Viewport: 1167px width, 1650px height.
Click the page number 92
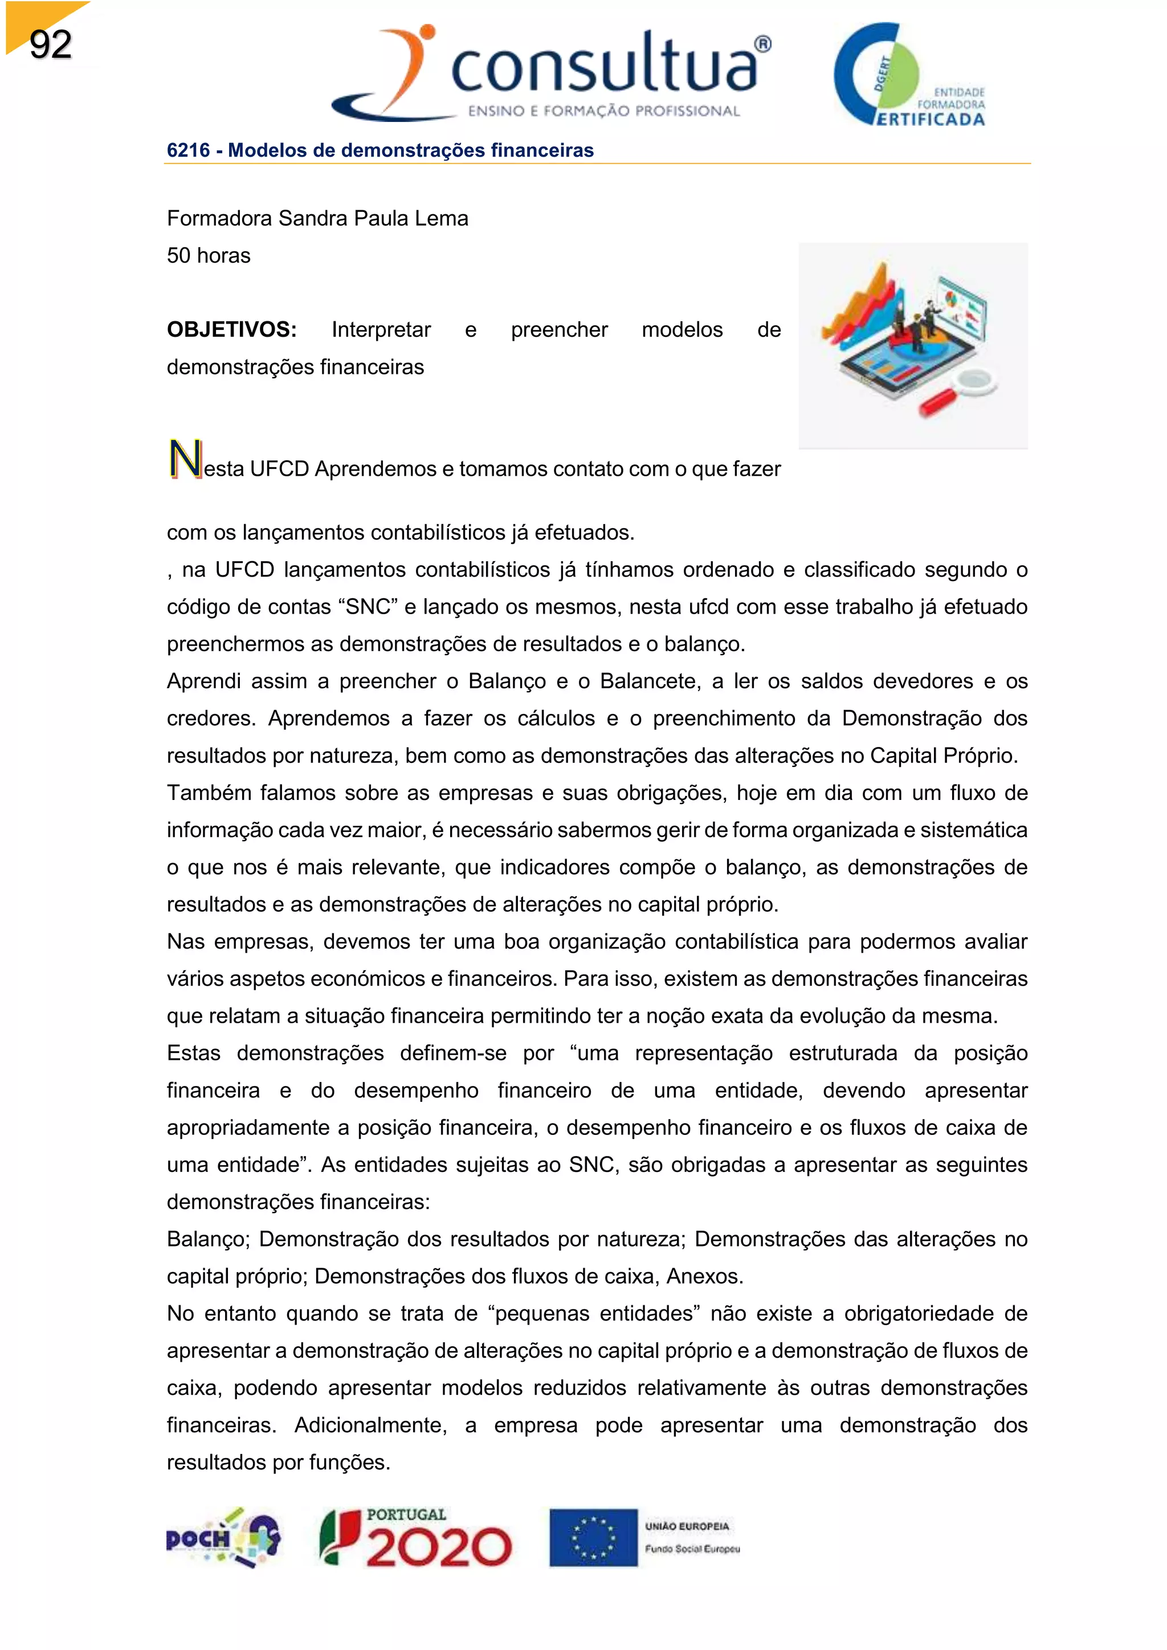coord(50,44)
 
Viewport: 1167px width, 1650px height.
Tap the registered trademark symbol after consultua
coord(763,44)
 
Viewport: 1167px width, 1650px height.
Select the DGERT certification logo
coord(908,75)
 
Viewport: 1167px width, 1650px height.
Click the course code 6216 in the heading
coord(188,150)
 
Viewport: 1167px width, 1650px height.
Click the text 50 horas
coord(209,256)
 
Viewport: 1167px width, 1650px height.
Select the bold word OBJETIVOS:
coord(231,330)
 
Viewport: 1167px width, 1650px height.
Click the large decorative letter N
coord(185,459)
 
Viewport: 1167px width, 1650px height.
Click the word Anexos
coord(704,1277)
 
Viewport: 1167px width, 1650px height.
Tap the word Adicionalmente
coord(371,1426)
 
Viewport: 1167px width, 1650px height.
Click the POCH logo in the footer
coord(223,1538)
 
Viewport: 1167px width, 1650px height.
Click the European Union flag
coord(594,1538)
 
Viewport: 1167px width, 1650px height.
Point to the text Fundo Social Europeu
coord(692,1549)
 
